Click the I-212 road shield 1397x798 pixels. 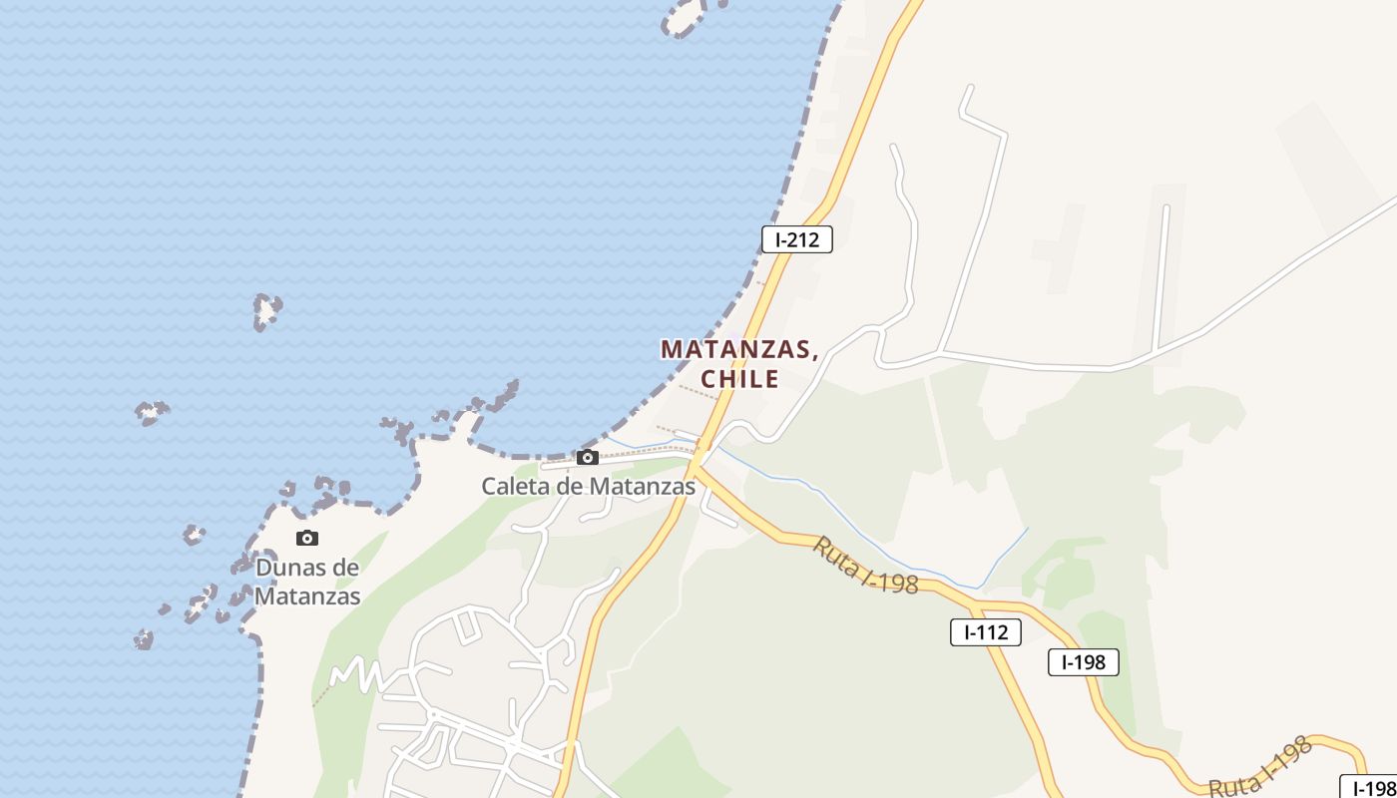796,239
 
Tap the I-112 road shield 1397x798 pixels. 985,632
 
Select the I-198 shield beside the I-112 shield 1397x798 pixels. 1083,662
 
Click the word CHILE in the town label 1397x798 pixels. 739,379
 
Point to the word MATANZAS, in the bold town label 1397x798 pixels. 739,350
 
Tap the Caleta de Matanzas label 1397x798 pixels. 588,487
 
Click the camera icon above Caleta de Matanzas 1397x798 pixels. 588,458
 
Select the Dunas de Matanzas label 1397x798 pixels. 307,582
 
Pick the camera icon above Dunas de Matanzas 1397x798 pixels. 307,539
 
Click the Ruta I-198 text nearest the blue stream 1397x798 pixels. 865,566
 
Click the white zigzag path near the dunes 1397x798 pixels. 356,675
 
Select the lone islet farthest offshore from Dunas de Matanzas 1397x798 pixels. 266,310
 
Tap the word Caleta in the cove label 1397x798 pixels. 512,487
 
